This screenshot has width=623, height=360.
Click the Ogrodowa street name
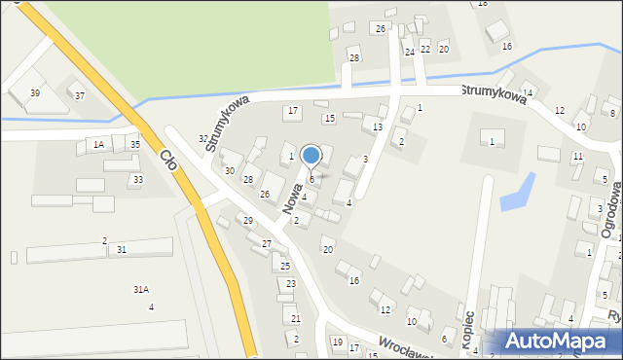pos(611,215)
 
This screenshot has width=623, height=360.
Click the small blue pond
pos(517,193)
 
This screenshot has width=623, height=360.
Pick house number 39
pos(35,92)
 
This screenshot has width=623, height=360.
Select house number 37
pos(80,95)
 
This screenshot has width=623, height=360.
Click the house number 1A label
pos(98,144)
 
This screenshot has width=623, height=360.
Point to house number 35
pos(135,144)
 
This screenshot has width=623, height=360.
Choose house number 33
pos(138,179)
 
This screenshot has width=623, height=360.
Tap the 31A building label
pos(141,289)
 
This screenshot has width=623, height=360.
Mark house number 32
pos(203,138)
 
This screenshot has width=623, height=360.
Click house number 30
pos(230,170)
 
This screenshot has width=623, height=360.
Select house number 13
pos(377,127)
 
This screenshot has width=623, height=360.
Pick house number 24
pos(410,51)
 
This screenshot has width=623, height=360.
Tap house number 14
pos(527,91)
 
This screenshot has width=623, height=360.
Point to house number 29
pos(248,221)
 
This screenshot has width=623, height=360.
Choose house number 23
pos(291,283)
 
